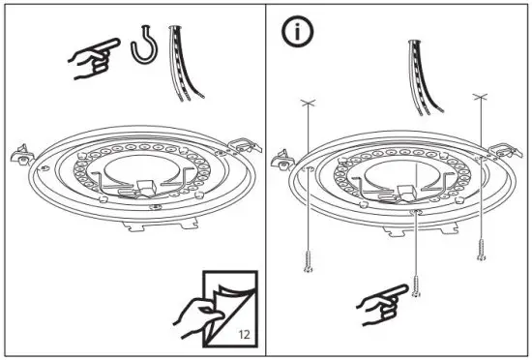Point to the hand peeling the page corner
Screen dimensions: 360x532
point(195,314)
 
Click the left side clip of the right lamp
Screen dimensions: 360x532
point(284,159)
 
